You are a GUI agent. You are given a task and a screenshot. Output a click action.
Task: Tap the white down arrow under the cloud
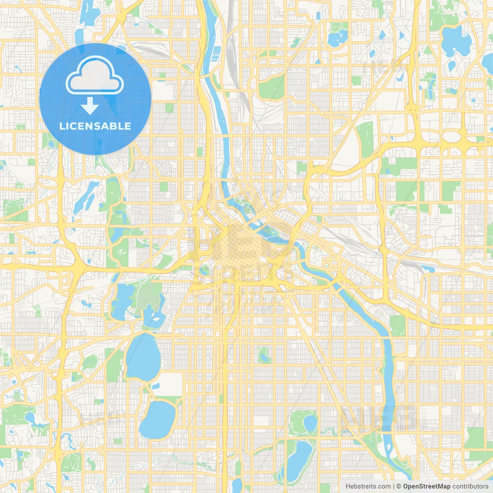[90, 106]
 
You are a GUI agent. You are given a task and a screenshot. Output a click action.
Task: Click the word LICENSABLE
[95, 126]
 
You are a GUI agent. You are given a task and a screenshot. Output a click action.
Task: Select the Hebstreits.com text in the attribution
[368, 486]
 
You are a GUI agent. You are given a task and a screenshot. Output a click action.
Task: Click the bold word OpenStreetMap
[426, 486]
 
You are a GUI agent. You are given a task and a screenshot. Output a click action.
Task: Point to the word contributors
[470, 486]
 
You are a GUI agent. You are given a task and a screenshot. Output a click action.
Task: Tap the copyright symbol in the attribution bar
[399, 486]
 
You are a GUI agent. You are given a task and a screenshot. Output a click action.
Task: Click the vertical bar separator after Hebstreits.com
[394, 486]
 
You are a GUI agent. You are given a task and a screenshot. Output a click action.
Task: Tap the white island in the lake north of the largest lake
[157, 319]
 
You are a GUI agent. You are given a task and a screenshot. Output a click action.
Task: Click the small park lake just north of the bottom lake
[309, 423]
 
